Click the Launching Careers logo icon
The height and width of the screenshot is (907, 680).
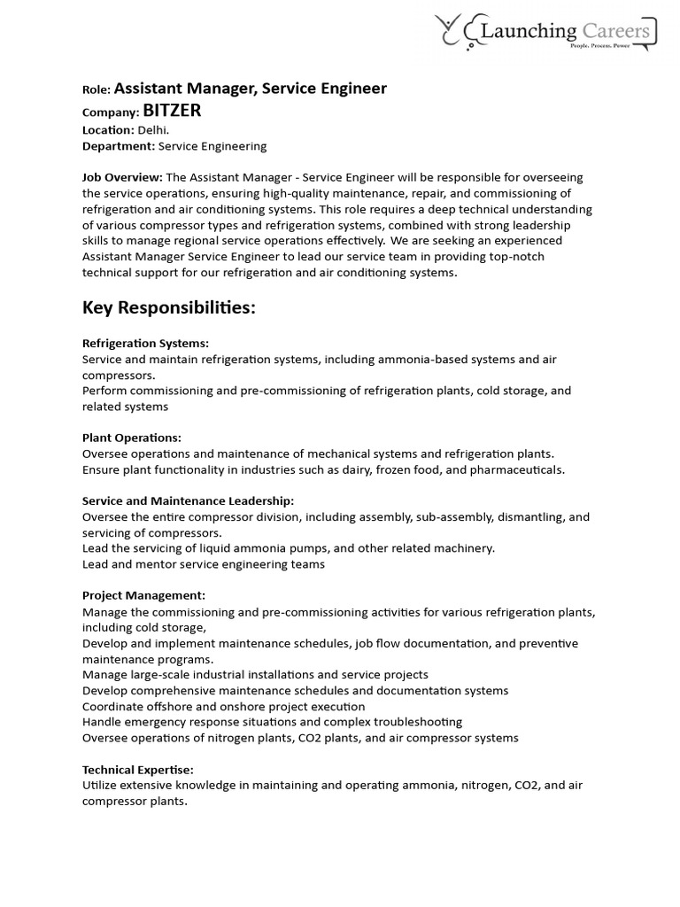click(x=458, y=32)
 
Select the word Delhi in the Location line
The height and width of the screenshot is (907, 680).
click(x=152, y=129)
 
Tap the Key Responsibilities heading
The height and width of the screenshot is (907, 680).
click(x=168, y=307)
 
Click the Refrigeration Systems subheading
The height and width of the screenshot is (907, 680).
click(x=145, y=343)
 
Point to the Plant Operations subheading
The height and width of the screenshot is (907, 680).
click(x=131, y=438)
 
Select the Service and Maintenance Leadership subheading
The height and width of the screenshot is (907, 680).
click(x=188, y=501)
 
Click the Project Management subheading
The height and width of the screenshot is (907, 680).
click(x=143, y=596)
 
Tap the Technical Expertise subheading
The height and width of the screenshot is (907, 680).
click(x=137, y=770)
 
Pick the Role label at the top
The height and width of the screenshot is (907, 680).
click(x=96, y=89)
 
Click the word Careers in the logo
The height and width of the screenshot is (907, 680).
click(x=616, y=32)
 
